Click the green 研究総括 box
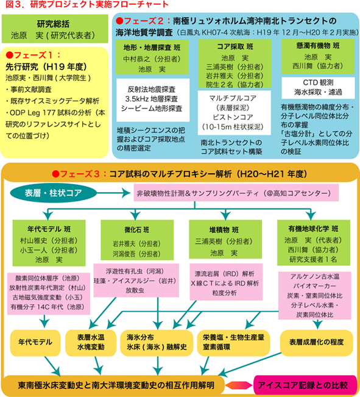55,29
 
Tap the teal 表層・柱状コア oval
53,193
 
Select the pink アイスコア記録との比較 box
305,385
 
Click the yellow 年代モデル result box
35,343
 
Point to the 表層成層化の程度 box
316,343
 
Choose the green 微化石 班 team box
137,240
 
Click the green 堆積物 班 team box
225,239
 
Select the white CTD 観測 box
318,88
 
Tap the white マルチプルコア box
235,113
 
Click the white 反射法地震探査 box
153,100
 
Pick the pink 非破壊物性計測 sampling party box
236,193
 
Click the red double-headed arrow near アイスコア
239,385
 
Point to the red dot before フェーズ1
9,55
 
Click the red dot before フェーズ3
55,174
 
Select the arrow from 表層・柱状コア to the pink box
113,193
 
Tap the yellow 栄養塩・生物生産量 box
233,343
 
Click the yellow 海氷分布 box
157,343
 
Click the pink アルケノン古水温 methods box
315,296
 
